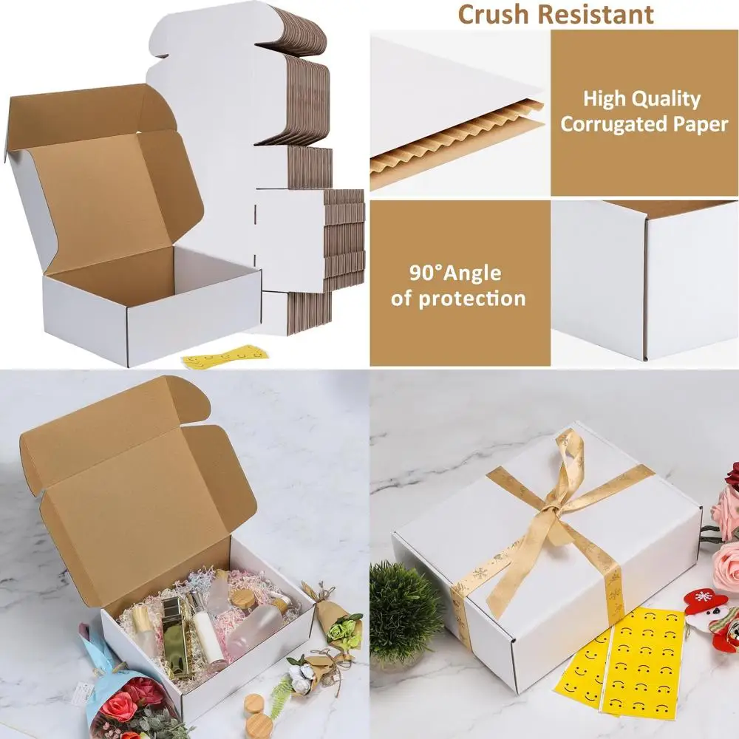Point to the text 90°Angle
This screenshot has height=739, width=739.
tap(455, 273)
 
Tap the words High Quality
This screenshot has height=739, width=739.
tap(641, 98)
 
